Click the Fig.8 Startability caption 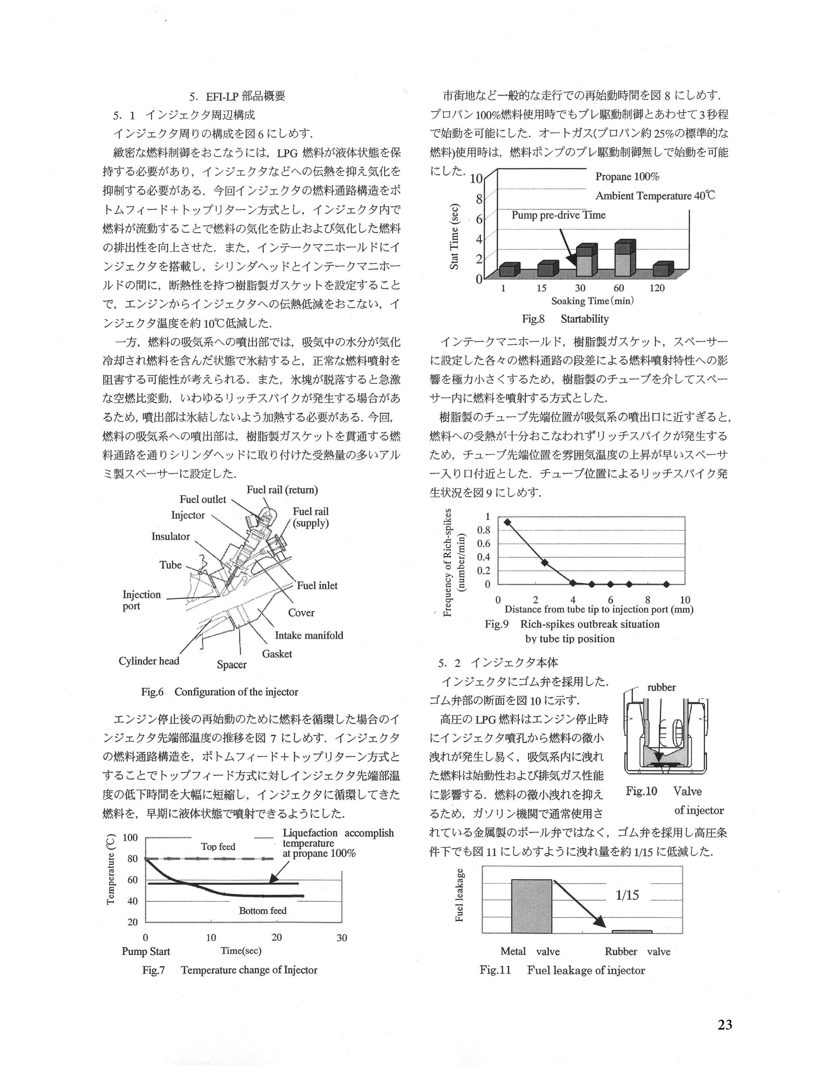tap(565, 319)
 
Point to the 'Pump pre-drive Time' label tap(558, 215)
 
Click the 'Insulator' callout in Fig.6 tap(170, 536)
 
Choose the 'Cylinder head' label tap(149, 661)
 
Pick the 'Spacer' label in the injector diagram tap(231, 665)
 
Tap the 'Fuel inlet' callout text tap(317, 586)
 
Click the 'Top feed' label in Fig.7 tap(218, 847)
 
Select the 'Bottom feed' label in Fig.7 tap(263, 910)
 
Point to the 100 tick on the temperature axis tap(130, 837)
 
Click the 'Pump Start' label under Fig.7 tap(146, 951)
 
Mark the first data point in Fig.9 tap(507, 522)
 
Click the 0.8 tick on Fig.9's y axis tap(484, 530)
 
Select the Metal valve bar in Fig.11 tap(532, 906)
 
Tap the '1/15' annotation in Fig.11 tap(627, 895)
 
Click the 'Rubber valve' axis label tap(637, 952)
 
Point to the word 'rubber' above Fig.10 tap(661, 688)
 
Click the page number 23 tap(725, 1025)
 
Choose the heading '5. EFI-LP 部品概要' tap(237, 96)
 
